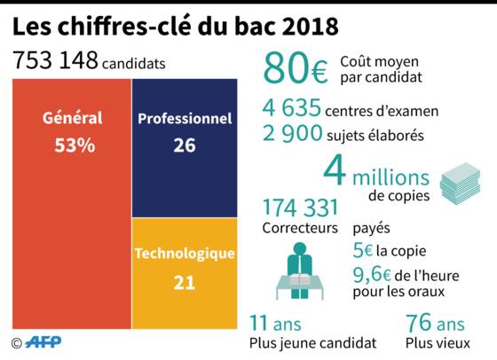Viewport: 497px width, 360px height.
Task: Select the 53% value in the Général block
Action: pos(75,145)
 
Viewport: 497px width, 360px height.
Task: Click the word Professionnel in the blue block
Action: pos(185,119)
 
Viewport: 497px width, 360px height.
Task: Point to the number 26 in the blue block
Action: pos(185,145)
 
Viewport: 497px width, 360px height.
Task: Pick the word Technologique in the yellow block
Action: pos(185,254)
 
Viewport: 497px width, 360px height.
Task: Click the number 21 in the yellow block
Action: pos(185,283)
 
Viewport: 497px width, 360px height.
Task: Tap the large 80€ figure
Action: pos(296,68)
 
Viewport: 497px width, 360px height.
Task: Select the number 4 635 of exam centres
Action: pos(292,107)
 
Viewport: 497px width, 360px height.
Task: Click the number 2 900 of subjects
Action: pos(293,133)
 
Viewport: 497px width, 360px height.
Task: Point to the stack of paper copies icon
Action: pos(460,183)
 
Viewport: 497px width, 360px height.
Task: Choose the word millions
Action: pos(390,177)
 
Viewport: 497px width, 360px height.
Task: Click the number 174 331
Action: pos(301,207)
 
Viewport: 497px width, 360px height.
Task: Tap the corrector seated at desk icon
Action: pos(300,271)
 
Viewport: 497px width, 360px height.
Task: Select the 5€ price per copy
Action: pos(363,250)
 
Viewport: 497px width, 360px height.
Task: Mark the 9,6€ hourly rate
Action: pos(372,275)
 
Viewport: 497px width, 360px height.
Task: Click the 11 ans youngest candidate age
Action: pos(275,324)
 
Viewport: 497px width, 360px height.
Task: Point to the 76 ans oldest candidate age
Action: pos(435,323)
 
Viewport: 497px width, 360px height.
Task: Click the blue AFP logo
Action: pos(43,342)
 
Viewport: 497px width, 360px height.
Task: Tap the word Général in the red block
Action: pos(73,118)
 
